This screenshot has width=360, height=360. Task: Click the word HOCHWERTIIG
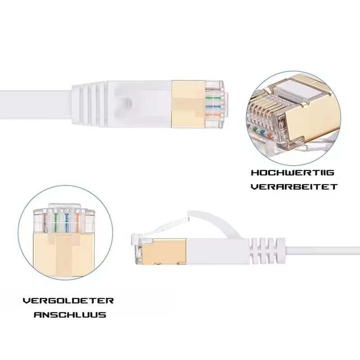292,173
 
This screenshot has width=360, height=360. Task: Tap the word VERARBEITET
294,187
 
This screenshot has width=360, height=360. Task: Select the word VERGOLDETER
68,301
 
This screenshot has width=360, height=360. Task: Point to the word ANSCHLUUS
70,315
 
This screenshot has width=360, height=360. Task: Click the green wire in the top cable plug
213,98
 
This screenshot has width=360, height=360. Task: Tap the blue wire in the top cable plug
213,107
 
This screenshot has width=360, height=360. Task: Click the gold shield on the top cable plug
188,104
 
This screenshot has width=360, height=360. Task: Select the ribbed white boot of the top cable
90,104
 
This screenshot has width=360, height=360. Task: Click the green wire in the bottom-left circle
55,223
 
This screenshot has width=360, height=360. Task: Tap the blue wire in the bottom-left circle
67,223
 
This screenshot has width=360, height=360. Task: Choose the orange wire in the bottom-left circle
77,223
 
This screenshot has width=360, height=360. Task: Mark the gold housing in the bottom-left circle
64,255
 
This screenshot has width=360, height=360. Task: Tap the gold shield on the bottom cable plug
164,252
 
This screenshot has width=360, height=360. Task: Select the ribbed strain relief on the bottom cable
267,252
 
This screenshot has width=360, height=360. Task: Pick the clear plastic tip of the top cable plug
214,104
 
